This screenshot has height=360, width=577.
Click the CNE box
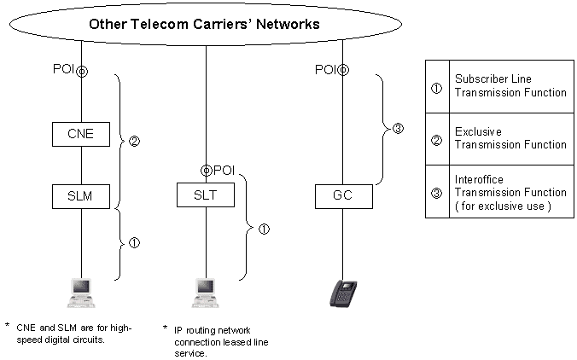click(81, 133)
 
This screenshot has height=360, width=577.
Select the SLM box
click(81, 196)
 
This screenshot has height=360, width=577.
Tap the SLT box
click(206, 196)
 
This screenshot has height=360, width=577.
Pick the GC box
click(343, 196)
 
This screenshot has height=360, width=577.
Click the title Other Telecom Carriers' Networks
click(205, 24)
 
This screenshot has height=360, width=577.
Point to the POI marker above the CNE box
click(82, 71)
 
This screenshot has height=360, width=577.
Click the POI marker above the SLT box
click(207, 171)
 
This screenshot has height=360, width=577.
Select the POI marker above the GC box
click(343, 71)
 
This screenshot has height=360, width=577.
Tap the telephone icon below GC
click(343, 293)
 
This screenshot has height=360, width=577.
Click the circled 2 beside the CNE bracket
click(134, 141)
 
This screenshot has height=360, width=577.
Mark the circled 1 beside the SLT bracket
click(264, 229)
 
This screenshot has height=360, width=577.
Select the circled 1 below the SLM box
click(134, 243)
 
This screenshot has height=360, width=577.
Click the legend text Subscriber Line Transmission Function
click(510, 85)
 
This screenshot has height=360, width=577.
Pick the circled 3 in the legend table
click(437, 193)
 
